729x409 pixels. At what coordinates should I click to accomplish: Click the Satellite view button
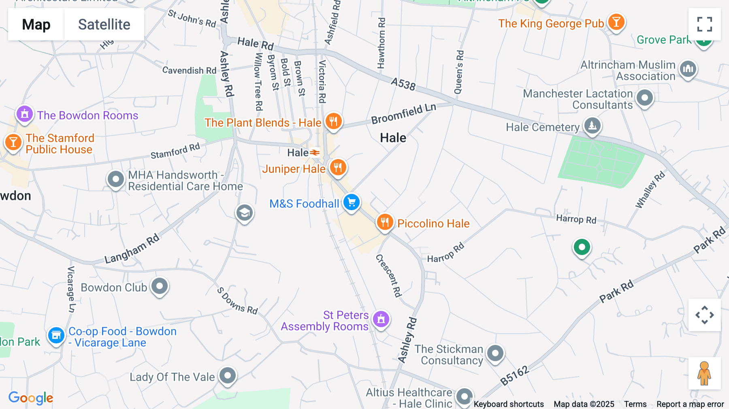tap(104, 24)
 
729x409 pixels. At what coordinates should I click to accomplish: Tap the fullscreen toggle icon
tap(704, 24)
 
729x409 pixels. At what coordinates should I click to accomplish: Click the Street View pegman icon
tap(704, 373)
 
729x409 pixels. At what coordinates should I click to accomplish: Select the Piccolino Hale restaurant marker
tap(385, 222)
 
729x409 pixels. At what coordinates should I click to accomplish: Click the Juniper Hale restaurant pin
tap(338, 167)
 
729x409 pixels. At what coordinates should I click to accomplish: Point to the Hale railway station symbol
tap(315, 153)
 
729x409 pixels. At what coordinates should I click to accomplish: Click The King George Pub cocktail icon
tap(616, 22)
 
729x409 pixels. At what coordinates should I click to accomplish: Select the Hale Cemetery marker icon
tap(593, 126)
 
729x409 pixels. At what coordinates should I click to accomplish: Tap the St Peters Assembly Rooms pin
tap(381, 320)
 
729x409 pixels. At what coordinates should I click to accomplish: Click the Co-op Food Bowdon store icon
tap(56, 335)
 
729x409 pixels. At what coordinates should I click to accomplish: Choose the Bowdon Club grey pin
tap(160, 286)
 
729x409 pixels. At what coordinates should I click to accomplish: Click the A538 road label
tap(403, 84)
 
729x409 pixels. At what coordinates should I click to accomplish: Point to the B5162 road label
tap(514, 375)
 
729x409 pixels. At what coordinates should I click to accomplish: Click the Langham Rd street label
tap(132, 249)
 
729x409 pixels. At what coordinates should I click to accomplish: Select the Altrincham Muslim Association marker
tap(688, 69)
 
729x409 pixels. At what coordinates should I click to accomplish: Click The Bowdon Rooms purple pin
tap(24, 114)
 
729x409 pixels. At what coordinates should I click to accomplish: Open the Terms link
tap(635, 404)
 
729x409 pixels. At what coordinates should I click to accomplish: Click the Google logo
tap(31, 398)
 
